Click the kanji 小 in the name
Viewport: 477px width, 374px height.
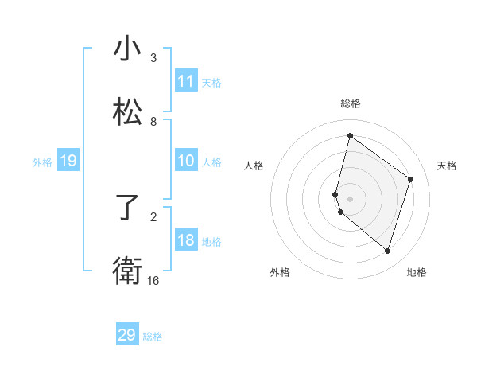127,49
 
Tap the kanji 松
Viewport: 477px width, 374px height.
127,112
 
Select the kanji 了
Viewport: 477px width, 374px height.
127,208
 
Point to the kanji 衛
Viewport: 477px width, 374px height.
127,271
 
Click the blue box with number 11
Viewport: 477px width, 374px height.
186,81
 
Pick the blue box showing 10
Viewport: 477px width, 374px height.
186,162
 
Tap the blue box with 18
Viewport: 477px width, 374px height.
186,241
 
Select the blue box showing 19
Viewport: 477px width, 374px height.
68,162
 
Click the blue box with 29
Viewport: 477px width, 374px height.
127,335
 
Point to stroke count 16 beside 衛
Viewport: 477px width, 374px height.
153,281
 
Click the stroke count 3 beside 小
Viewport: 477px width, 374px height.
153,58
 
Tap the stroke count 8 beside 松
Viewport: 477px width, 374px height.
153,122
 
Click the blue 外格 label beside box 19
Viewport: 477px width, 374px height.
42,162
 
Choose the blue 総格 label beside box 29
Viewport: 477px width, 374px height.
153,337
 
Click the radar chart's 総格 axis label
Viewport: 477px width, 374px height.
351,103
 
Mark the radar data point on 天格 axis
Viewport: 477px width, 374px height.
411,179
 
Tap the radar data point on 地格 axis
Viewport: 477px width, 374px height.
387,251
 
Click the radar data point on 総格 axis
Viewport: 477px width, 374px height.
350,136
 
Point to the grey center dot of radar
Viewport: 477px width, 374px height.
350,198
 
